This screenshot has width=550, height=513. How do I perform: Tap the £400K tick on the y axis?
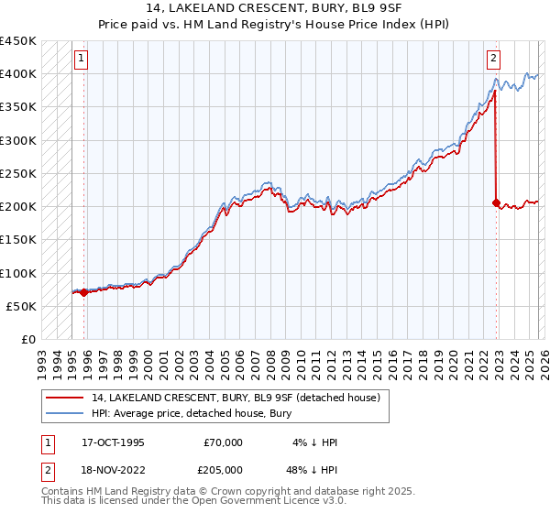(x=18, y=74)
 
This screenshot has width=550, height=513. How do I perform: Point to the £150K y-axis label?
(x=18, y=239)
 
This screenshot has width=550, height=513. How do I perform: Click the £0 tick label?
(x=27, y=339)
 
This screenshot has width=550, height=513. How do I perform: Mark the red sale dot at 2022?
(x=496, y=203)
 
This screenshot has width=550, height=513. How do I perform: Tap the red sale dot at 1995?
(x=84, y=293)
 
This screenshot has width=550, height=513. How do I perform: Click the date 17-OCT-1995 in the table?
(x=113, y=442)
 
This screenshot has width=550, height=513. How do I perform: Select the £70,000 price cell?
(x=223, y=442)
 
